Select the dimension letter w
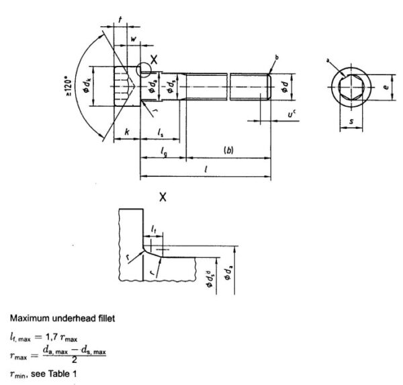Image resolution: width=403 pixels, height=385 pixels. pos(133,39)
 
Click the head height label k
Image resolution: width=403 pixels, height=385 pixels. pos(127,133)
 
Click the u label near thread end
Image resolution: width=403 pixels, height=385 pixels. pos(292,115)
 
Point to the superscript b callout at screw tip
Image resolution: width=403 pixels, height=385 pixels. pos(277,56)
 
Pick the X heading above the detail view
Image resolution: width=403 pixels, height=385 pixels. pos(163,197)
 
